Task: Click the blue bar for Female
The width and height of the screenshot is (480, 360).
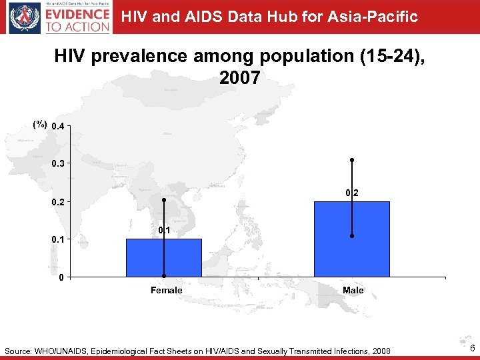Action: (163, 258)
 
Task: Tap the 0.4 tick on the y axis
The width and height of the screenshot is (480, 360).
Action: (58, 126)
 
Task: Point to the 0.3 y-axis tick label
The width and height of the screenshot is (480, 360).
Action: (58, 163)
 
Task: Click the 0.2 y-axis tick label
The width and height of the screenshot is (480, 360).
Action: (58, 202)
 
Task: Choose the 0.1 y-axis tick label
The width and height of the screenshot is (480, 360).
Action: (58, 239)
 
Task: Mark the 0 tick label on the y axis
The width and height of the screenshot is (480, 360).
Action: (61, 277)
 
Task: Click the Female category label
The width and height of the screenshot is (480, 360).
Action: (166, 290)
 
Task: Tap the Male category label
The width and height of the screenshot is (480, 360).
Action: (353, 290)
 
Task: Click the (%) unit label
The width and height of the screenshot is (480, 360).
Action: (40, 125)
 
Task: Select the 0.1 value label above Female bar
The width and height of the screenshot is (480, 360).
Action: (164, 230)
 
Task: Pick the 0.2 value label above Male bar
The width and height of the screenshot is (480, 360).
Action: (352, 193)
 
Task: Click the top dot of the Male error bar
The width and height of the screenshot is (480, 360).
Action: (352, 160)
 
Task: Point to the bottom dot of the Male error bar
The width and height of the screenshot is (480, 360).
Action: (352, 236)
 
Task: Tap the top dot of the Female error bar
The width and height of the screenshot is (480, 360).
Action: (164, 199)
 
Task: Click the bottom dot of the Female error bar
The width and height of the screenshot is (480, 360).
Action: (164, 276)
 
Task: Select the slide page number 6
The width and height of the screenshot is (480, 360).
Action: (471, 350)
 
